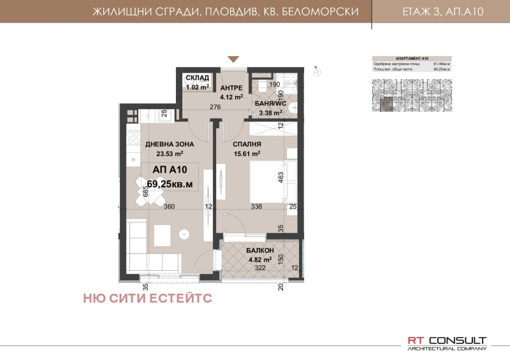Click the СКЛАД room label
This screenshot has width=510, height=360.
tap(198, 78)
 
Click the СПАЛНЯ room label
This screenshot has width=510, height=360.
tap(246, 144)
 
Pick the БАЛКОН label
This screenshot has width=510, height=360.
tap(259, 251)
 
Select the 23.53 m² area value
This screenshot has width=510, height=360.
tap(164, 154)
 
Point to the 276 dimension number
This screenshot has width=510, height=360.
tap(215, 107)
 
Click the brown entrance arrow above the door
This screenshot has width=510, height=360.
tap(234, 59)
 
